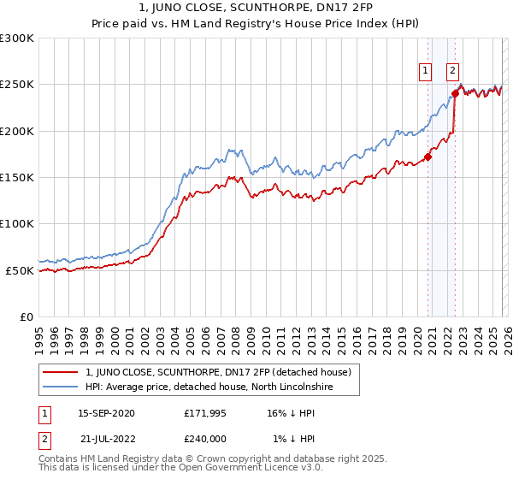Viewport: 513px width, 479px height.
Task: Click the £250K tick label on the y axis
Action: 17,85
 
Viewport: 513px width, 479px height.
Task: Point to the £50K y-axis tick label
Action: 20,270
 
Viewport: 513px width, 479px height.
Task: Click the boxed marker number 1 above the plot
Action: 425,72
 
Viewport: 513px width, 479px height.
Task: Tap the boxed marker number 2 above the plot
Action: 452,72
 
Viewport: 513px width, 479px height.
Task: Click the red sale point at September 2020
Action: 427,157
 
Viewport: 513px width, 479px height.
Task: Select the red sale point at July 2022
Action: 455,94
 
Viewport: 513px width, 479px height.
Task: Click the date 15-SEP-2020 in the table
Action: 106,412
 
